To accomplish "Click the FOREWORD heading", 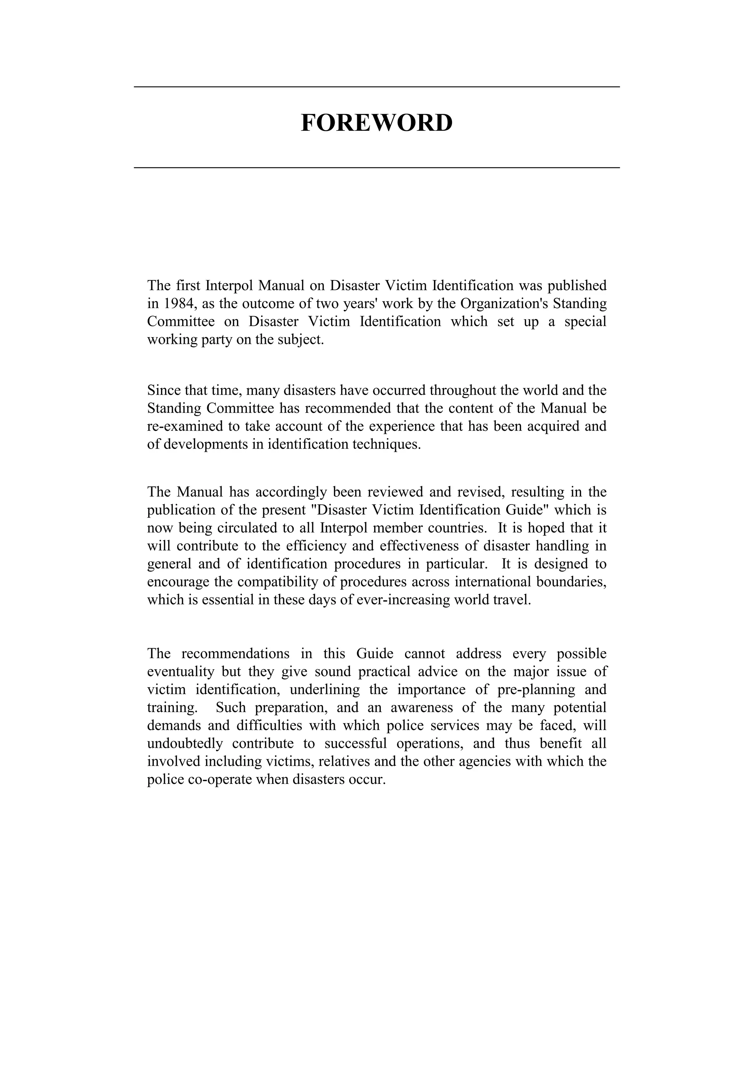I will [377, 123].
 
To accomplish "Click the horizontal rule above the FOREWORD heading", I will [377, 87].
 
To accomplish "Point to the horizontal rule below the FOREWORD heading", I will [377, 167].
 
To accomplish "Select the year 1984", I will [179, 304].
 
